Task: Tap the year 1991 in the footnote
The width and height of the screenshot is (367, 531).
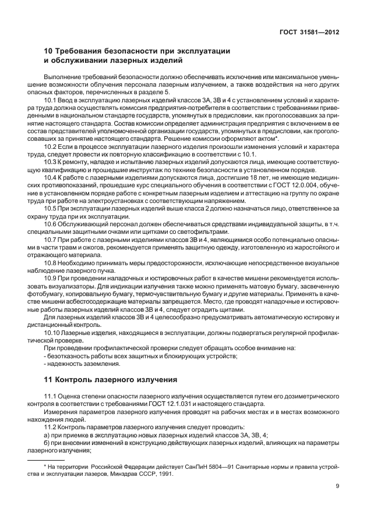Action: pyautogui.click(x=165, y=473)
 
